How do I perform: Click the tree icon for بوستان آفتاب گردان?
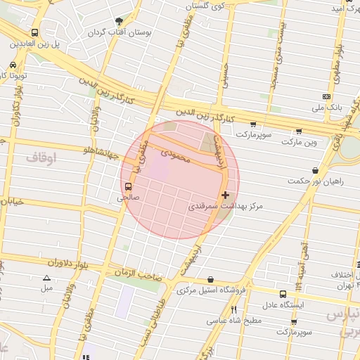click(x=118, y=22)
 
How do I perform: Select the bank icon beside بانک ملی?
click(x=326, y=96)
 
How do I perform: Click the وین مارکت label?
click(x=300, y=142)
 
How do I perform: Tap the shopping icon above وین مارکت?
click(x=299, y=131)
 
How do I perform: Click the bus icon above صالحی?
click(x=128, y=187)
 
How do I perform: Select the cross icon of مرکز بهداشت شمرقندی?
click(x=225, y=195)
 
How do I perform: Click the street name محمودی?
click(x=176, y=155)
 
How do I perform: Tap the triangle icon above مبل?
click(x=47, y=278)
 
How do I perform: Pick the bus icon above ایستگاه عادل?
click(x=283, y=294)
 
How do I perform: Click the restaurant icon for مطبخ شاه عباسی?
click(x=233, y=309)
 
